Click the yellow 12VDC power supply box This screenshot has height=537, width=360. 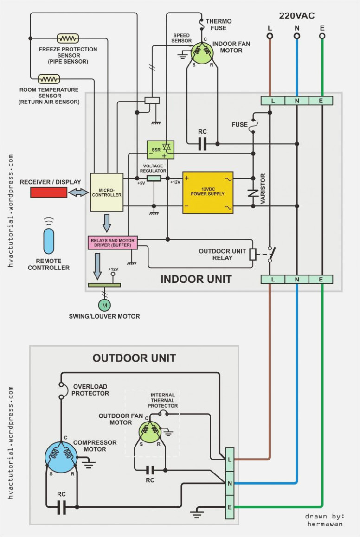click(x=207, y=192)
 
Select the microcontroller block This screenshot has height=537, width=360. click(x=106, y=192)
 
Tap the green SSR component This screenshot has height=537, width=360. click(x=160, y=149)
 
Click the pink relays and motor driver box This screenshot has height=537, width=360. click(x=113, y=243)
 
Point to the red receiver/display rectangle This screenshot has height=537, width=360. click(x=49, y=192)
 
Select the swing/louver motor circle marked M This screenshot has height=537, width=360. click(x=104, y=305)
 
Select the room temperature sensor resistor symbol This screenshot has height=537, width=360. click(x=49, y=78)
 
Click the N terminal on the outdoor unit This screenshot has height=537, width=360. click(x=229, y=483)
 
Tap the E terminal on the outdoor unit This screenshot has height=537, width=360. click(x=229, y=507)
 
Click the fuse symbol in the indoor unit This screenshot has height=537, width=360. click(x=253, y=125)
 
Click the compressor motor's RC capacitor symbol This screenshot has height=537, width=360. click(x=62, y=507)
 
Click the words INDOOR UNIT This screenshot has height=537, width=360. click(x=196, y=279)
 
